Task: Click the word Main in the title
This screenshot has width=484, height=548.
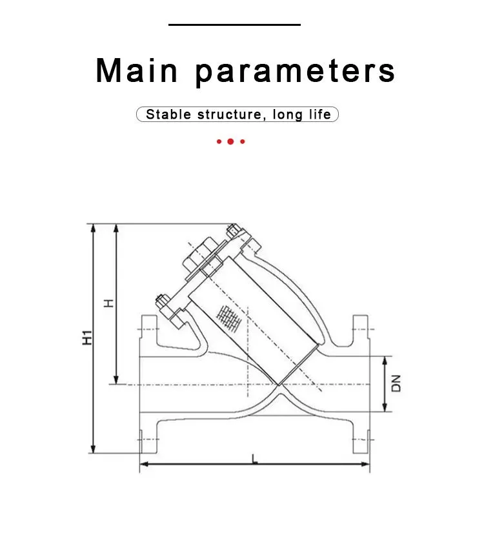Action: (137, 70)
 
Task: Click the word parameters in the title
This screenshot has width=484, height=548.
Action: (295, 72)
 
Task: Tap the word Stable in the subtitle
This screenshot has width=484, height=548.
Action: (168, 114)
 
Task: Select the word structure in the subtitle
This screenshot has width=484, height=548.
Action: (229, 115)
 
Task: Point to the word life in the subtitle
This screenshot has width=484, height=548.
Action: (319, 114)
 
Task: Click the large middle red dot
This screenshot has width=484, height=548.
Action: (230, 141)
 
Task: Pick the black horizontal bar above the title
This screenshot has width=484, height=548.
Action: (234, 25)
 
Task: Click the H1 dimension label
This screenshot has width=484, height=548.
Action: (87, 338)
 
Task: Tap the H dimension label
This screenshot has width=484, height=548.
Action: (109, 303)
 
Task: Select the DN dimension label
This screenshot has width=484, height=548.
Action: (396, 383)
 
